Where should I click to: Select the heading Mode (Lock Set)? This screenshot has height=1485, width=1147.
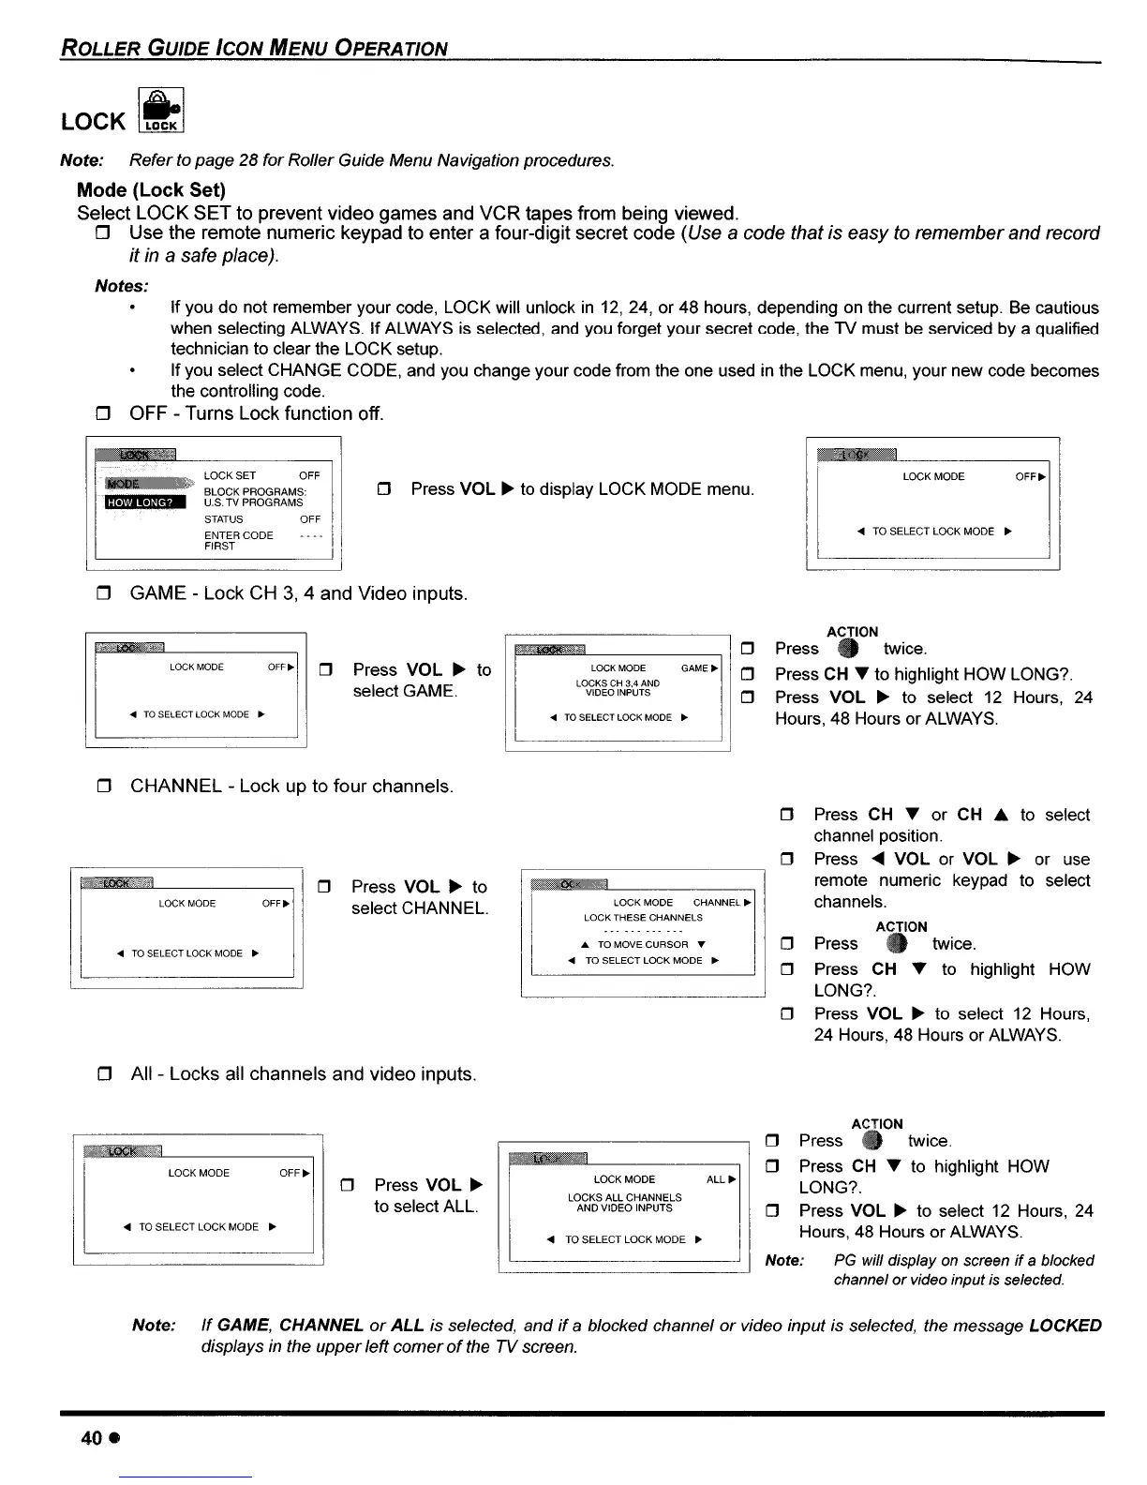point(151,190)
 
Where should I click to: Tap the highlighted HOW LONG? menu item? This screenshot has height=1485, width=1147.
point(144,502)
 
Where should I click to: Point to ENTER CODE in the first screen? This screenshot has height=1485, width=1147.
point(239,535)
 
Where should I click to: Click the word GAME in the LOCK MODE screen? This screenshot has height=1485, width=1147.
point(694,668)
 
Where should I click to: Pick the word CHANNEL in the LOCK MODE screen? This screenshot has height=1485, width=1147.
point(717,903)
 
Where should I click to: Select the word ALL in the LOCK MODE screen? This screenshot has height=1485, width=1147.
point(716,1179)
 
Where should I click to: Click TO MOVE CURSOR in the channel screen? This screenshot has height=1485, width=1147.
point(643,944)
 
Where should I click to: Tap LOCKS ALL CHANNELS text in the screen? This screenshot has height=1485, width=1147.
point(625,1197)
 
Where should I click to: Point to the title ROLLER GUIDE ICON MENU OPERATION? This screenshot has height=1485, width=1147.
point(253,48)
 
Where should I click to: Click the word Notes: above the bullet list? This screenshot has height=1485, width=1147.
point(122,285)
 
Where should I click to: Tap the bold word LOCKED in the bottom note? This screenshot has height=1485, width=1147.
point(1065,1326)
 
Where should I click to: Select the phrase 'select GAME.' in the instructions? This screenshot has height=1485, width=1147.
point(405,692)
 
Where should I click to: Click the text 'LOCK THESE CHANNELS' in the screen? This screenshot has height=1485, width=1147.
point(643,918)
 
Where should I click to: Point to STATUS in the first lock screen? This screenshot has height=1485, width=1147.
point(224,519)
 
